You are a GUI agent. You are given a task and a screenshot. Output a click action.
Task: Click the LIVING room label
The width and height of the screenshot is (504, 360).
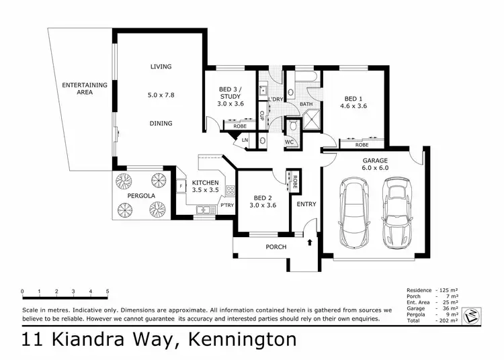(161, 66)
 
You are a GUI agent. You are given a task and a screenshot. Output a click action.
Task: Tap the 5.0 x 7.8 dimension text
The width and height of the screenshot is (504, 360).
(161, 95)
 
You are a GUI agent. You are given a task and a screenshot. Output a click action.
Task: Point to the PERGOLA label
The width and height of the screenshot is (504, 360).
(142, 195)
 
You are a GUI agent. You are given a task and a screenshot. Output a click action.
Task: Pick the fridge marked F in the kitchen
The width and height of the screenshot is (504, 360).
(181, 185)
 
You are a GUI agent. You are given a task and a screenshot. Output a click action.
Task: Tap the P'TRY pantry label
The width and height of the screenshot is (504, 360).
(227, 205)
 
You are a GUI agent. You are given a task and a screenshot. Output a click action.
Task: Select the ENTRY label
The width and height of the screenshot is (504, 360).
(306, 204)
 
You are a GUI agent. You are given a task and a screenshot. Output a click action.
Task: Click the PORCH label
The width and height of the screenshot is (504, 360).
(276, 247)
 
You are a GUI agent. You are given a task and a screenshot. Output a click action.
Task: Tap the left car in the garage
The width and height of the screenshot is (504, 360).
(353, 212)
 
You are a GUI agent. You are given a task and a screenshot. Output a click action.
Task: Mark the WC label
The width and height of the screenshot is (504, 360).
(289, 142)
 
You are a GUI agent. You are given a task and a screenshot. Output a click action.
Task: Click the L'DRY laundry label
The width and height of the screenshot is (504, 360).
(276, 99)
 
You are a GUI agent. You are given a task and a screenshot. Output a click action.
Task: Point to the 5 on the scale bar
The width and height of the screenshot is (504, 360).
(108, 291)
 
